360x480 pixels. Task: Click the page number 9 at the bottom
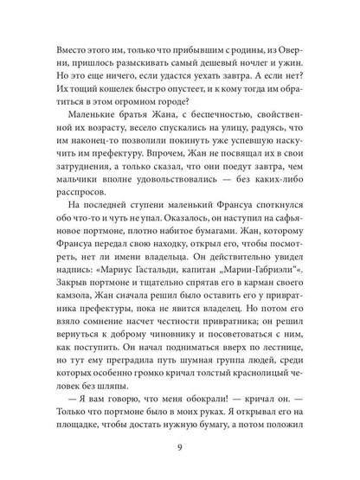[180, 447]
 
